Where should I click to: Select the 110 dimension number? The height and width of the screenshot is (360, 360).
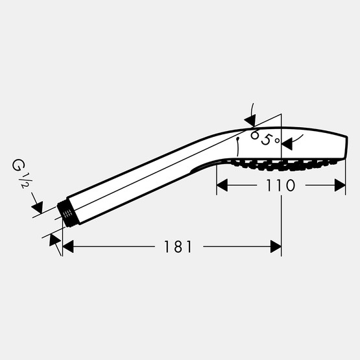point(280,186)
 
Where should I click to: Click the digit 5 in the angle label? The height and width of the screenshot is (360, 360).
point(265,139)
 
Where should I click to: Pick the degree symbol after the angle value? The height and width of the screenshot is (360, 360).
point(277,139)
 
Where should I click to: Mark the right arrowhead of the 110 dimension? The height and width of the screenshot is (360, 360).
point(339,186)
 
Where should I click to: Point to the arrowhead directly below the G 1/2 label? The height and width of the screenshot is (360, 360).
point(37,208)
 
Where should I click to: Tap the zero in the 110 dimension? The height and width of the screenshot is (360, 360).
point(290,186)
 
